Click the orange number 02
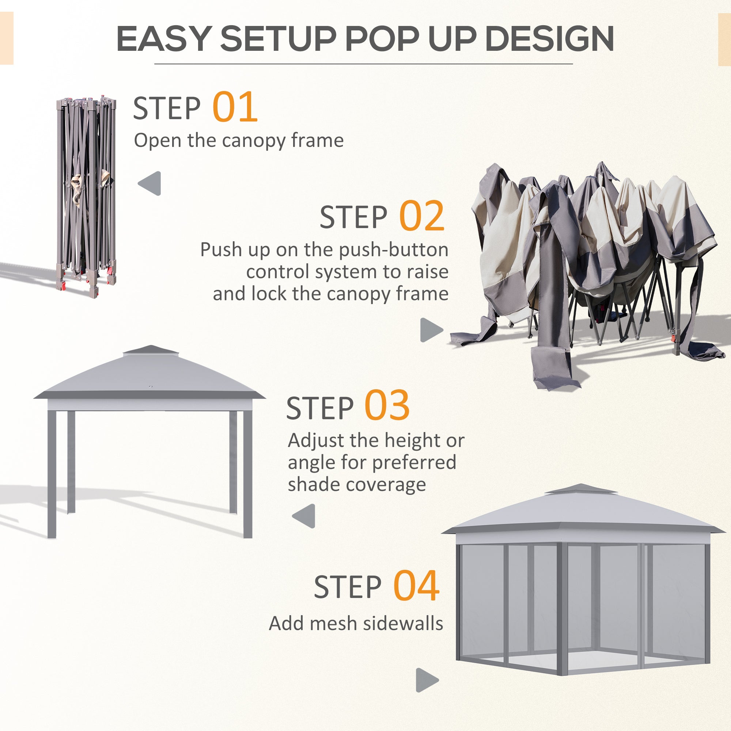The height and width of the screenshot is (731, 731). coord(421,216)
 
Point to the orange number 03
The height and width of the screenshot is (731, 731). coord(387,406)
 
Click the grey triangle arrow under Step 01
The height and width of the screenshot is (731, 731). coord(150,183)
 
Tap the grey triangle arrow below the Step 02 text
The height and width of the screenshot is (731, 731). coord(431,330)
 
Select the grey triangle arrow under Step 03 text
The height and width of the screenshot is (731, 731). coord(304,516)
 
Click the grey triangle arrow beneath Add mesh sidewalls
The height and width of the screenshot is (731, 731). coord(427,680)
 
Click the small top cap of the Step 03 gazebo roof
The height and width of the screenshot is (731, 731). coord(150,350)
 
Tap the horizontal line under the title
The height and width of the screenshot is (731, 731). coord(363,64)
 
